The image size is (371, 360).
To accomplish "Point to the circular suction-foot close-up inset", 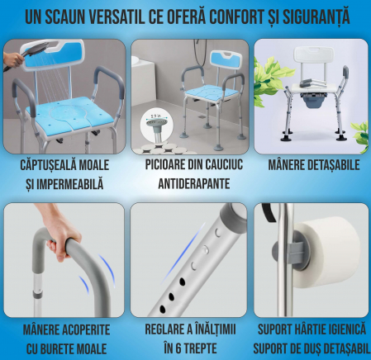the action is click(x=157, y=125).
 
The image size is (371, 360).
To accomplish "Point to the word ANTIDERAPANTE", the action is click(x=194, y=183).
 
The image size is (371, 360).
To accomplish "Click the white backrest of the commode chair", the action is click(x=314, y=56).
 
